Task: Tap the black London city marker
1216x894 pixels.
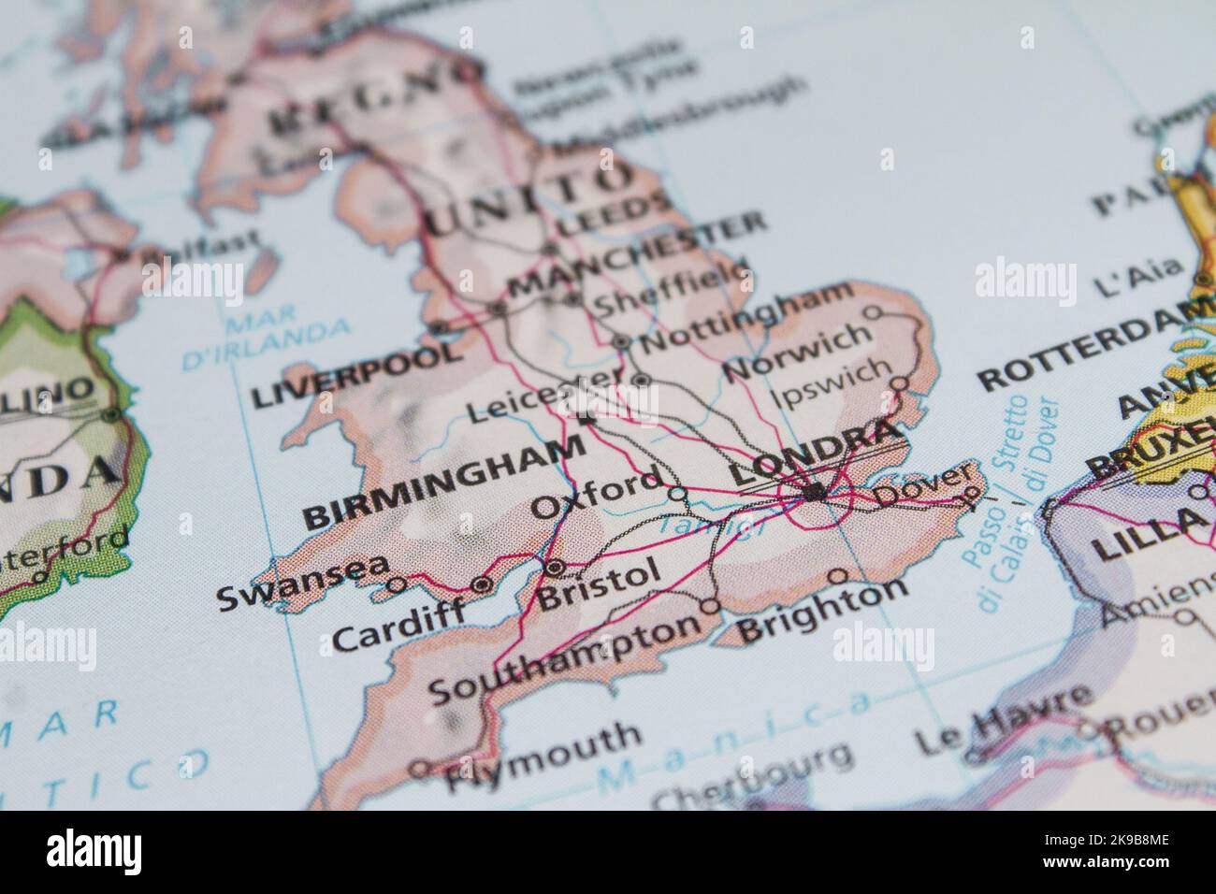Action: [816, 491]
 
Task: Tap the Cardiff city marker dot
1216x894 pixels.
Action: [483, 584]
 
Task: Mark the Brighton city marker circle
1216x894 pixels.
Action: [838, 576]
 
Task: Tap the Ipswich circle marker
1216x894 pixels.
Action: [899, 383]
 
